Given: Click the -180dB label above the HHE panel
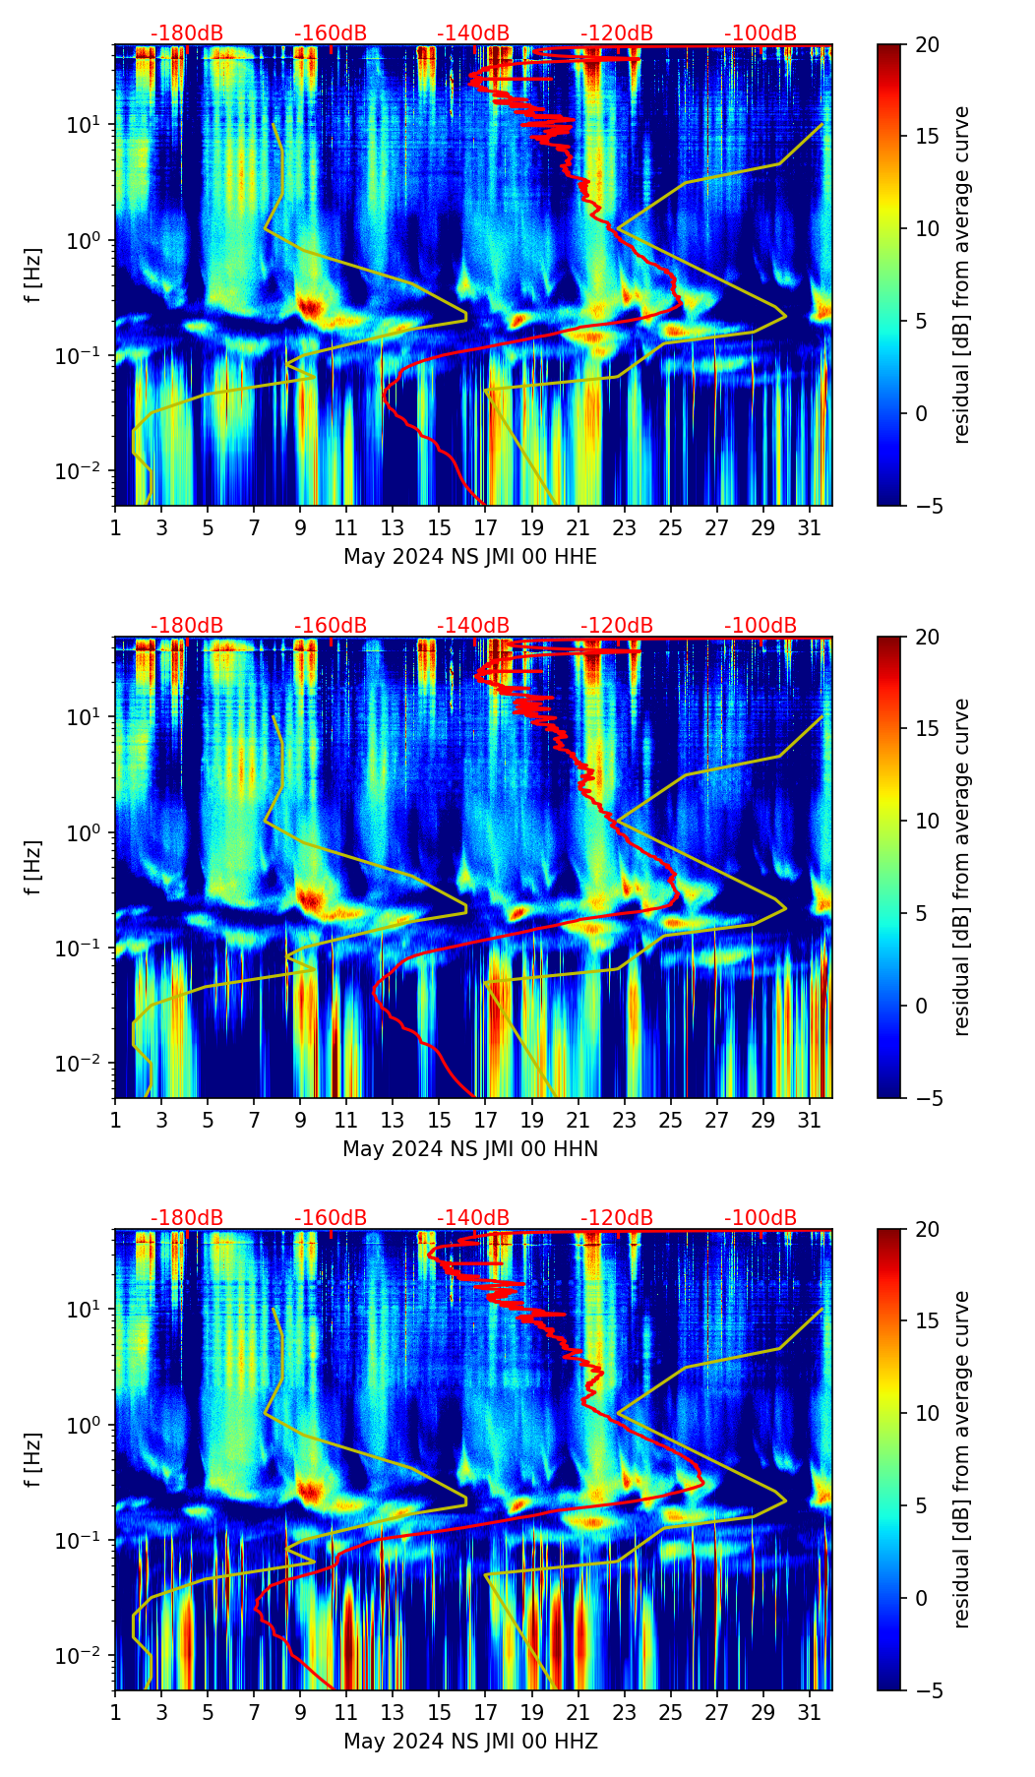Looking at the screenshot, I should tap(187, 33).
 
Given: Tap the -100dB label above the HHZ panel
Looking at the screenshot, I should tap(761, 1218).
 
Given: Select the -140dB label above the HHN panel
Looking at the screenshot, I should tap(473, 626).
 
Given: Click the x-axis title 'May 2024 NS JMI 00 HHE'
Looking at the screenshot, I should tap(470, 557).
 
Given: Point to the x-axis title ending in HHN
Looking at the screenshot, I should tap(470, 1149).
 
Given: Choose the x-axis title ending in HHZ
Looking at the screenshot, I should tap(470, 1742).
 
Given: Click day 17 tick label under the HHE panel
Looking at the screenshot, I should tap(485, 528).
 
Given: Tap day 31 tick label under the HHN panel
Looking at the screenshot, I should tap(810, 1121).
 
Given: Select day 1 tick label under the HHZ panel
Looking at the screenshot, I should tap(115, 1713).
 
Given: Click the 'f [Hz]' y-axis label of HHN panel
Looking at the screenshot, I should tap(33, 867).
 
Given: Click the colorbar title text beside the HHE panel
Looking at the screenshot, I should tap(961, 275).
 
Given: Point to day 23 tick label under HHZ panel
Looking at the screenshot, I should tap(624, 1713).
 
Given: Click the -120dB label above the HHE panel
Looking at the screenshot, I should tap(617, 33).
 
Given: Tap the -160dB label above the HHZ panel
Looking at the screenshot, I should tap(331, 1218).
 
